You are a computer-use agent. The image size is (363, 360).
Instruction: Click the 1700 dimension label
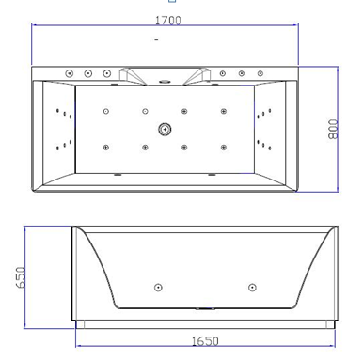pos(168,21)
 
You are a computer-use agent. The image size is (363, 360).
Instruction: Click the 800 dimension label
pos(333,129)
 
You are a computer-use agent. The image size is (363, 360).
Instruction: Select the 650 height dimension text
pos(21,277)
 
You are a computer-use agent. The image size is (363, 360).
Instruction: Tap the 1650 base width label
pos(205,341)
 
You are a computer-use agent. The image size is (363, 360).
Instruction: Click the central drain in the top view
pos(165,129)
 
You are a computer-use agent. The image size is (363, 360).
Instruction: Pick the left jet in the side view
pos(158,288)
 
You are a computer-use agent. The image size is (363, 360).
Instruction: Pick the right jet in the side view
pos(252,288)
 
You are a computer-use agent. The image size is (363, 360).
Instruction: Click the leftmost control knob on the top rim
pos(70,74)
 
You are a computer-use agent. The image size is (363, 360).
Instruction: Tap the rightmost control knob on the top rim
pos(260,73)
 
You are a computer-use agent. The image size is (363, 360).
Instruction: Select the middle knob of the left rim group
pos(88,74)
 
